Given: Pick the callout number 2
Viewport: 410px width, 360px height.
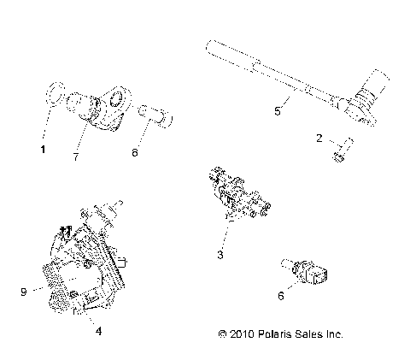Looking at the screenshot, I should click(x=319, y=137).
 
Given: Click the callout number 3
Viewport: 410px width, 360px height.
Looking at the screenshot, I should click(x=220, y=254).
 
